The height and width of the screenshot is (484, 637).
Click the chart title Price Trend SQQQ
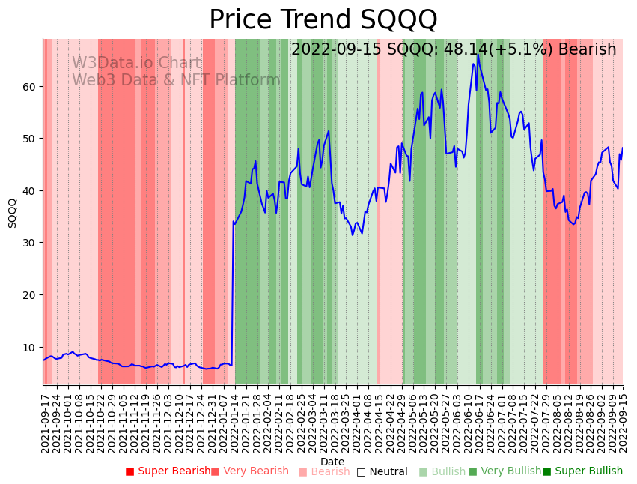(323, 19)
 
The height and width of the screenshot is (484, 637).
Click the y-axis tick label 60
(29, 86)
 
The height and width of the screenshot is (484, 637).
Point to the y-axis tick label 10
(29, 347)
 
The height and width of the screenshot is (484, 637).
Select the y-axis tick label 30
(29, 243)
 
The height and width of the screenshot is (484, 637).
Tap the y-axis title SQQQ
(12, 213)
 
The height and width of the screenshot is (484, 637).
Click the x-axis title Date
(332, 462)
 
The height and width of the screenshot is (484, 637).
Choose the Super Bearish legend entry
(168, 471)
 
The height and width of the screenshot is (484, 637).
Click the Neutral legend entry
(382, 471)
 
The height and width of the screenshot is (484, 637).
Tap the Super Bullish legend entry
(582, 471)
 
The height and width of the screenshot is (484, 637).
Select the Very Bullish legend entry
(505, 471)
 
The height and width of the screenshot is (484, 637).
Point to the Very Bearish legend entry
(249, 471)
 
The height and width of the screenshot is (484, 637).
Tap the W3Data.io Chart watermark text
(136, 64)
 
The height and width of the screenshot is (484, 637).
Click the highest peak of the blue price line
(478, 54)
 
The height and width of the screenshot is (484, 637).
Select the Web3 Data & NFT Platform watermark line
(176, 80)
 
